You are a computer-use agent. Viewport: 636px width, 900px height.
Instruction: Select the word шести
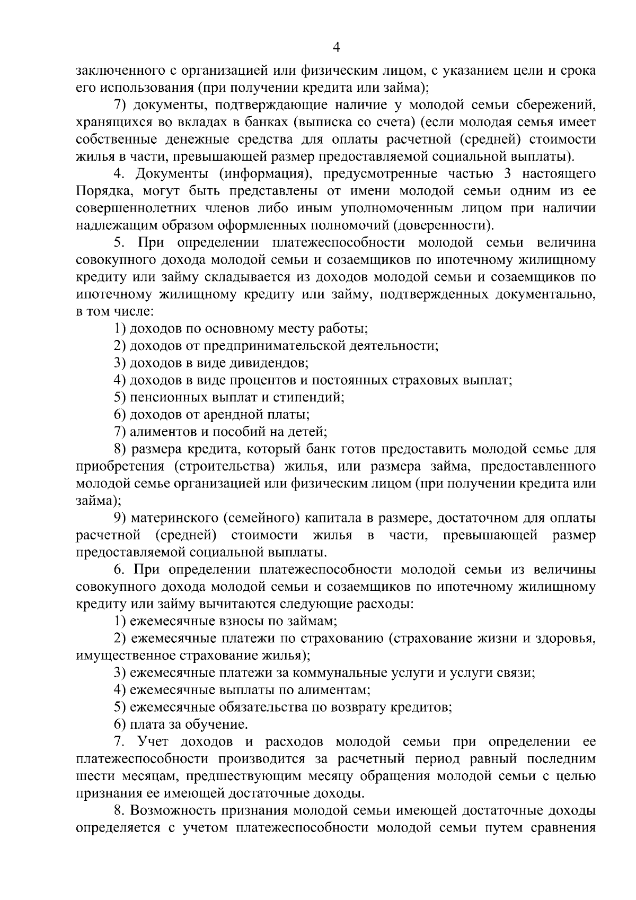tap(92, 776)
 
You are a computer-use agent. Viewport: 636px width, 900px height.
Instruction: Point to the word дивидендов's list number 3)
tap(120, 363)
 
